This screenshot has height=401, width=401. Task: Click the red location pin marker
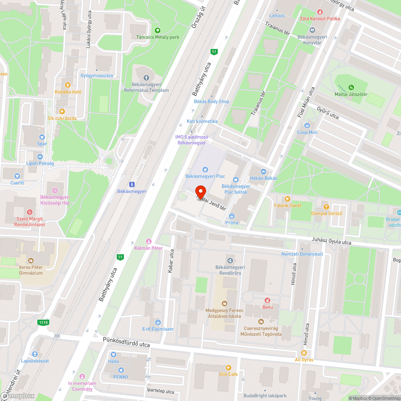coord(200,192)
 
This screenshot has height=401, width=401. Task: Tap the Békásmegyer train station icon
coord(132,184)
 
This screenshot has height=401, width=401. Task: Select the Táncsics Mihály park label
coord(158,37)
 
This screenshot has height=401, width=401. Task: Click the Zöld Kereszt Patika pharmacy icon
coord(320,12)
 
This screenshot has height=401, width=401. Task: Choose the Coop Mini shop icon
coord(307,126)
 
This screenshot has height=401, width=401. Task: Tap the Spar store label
coord(42,144)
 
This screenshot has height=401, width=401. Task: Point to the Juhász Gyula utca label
coord(332,241)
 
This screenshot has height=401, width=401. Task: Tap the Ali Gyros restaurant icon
coord(304,353)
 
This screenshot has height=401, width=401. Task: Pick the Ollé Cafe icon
coord(228,367)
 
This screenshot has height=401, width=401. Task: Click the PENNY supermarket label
coord(121,377)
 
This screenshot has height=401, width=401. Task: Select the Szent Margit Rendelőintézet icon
coord(29,212)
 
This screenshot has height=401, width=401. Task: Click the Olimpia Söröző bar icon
coord(326,207)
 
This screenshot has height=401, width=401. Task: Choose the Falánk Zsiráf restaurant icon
coord(287,198)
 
